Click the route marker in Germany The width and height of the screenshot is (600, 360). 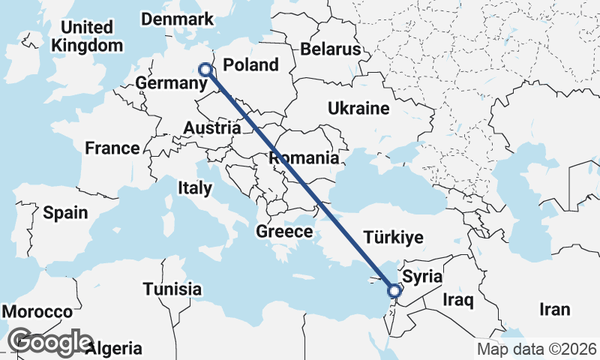[x=205, y=69]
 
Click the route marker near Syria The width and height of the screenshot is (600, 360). [x=394, y=290]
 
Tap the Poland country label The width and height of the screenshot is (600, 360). [x=251, y=64]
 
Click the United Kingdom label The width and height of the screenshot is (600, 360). [x=86, y=37]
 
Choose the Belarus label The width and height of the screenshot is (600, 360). [x=331, y=49]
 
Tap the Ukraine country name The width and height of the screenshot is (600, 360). [x=358, y=109]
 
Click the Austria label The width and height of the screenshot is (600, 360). [x=211, y=128]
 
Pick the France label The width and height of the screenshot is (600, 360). [x=112, y=148]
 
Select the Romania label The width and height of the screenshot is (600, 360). [x=304, y=158]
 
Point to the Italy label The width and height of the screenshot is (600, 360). [x=195, y=188]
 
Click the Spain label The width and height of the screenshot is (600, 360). [x=65, y=213]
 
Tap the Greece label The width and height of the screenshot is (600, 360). [x=284, y=232]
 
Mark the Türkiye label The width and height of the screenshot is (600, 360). [x=393, y=238]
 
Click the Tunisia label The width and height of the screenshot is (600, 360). [x=172, y=289]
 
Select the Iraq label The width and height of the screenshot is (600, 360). [x=458, y=301]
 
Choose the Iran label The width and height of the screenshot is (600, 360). [x=554, y=309]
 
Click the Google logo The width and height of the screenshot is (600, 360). [x=50, y=342]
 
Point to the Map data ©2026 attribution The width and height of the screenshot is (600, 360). [x=537, y=349]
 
